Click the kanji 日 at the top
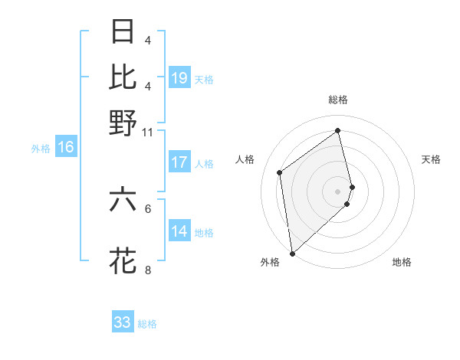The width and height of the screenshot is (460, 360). click(x=123, y=31)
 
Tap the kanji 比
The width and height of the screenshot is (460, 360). click(x=123, y=77)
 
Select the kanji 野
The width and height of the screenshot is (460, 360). click(x=123, y=122)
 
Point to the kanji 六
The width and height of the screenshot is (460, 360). click(x=123, y=199)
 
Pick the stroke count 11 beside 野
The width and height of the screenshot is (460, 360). click(x=148, y=132)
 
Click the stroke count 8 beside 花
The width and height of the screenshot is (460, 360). click(x=148, y=270)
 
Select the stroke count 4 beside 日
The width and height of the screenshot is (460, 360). click(x=148, y=41)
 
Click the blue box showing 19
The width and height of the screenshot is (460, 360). click(x=179, y=78)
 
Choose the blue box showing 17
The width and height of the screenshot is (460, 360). click(x=179, y=162)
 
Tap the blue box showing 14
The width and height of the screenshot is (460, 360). click(x=179, y=231)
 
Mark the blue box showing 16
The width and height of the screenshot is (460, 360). click(x=66, y=148)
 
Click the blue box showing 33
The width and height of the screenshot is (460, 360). click(x=123, y=322)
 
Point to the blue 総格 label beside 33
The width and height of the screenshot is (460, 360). click(x=147, y=324)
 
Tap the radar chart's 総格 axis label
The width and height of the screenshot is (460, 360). click(x=338, y=100)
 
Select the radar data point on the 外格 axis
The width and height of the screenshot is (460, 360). click(x=292, y=254)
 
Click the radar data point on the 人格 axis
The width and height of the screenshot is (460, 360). click(x=280, y=172)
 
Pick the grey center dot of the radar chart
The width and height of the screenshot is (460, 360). click(x=338, y=191)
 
